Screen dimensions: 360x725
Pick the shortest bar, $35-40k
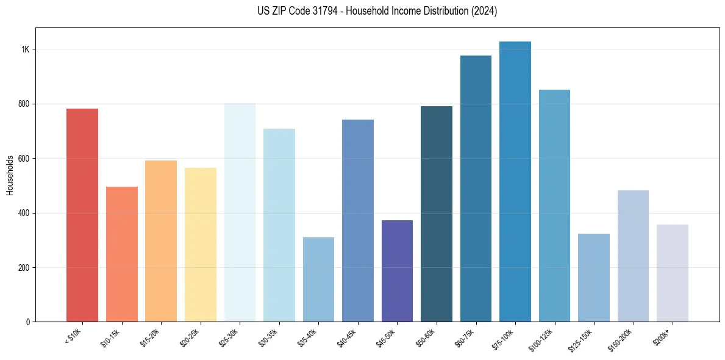click(x=318, y=279)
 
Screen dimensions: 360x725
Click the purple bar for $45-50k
click(x=397, y=271)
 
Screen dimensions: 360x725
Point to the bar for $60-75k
click(x=476, y=189)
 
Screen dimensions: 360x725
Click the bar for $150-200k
click(x=633, y=256)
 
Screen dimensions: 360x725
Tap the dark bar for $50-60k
click(x=437, y=214)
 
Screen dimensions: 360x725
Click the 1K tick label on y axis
click(x=25, y=49)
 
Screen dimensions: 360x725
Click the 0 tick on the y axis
click(x=27, y=322)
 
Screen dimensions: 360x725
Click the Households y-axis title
click(x=10, y=175)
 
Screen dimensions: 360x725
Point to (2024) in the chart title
click(x=484, y=11)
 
